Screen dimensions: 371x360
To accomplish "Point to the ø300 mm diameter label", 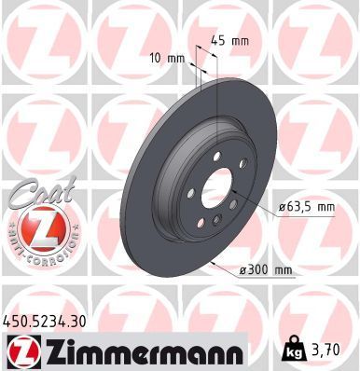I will (267, 270).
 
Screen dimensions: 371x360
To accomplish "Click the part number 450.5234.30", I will (48, 320).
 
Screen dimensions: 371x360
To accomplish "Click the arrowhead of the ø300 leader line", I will (214, 263).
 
